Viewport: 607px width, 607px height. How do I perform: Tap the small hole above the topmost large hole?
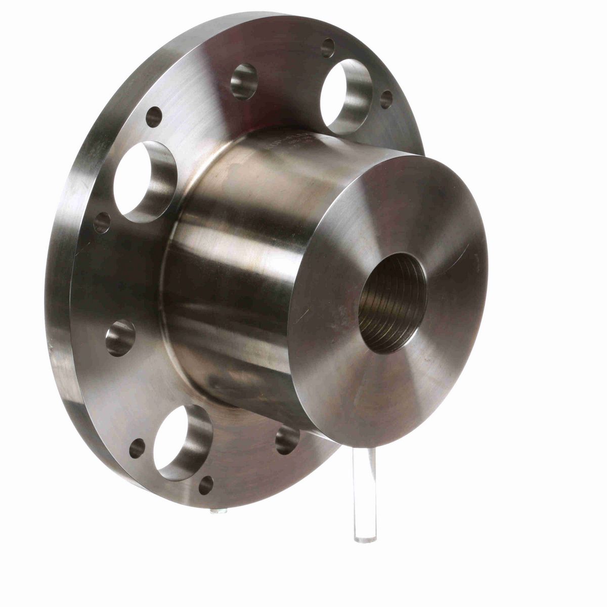coord(327,48)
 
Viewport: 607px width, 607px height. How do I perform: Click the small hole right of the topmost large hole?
coord(386,99)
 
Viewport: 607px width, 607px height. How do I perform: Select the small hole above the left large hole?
coord(154,117)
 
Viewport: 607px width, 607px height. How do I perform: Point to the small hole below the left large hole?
coord(103,223)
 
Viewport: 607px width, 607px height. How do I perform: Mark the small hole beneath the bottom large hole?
coord(206,485)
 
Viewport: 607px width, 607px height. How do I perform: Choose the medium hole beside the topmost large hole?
coord(244,81)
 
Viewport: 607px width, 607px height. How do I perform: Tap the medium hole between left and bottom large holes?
coord(121,338)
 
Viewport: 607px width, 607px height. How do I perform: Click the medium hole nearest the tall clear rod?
coord(287,439)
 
